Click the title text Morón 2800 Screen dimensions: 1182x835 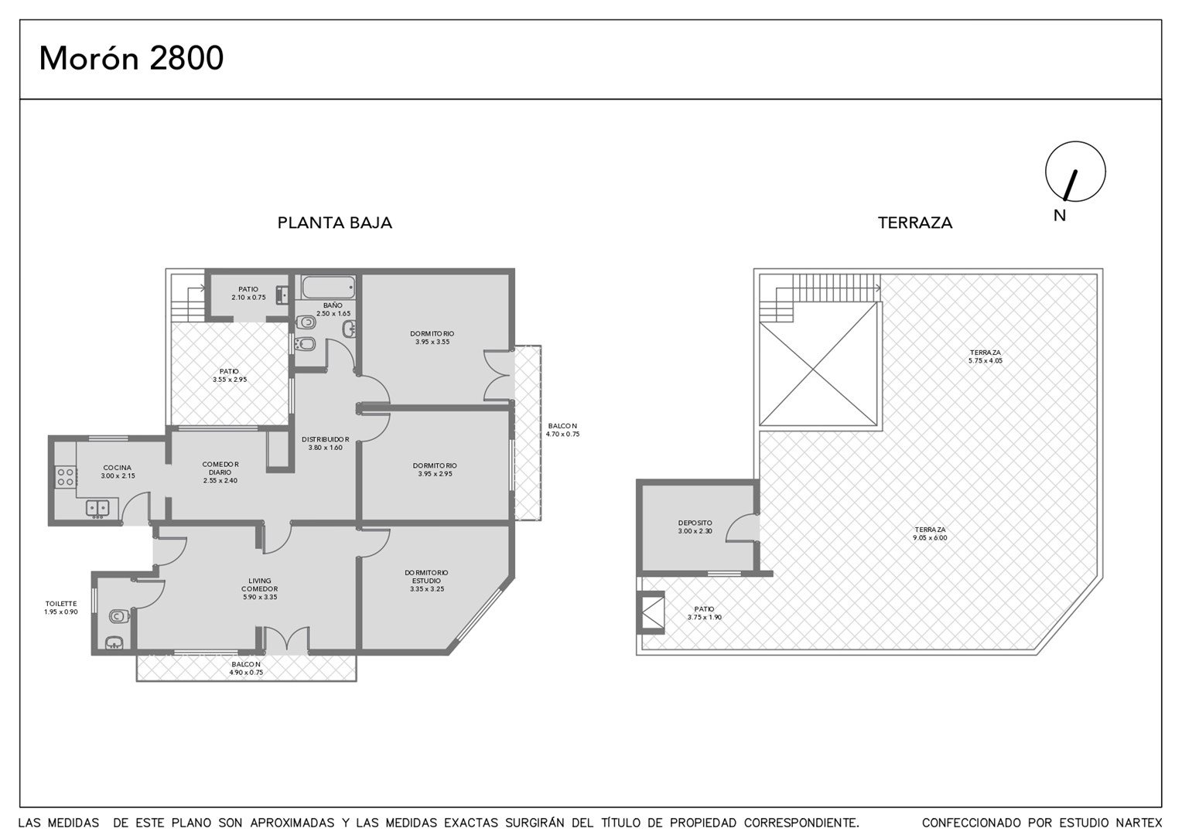pyautogui.click(x=132, y=58)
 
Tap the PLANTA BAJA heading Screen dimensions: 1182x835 pyautogui.click(x=334, y=223)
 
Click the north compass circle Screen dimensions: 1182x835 pyautogui.click(x=1075, y=172)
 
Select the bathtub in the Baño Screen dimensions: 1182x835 pyautogui.click(x=328, y=288)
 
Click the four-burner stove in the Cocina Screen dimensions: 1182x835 pyautogui.click(x=66, y=477)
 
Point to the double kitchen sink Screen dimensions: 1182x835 pyautogui.click(x=97, y=508)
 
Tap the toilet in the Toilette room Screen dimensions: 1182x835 pyautogui.click(x=118, y=615)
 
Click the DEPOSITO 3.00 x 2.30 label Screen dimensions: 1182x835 pyautogui.click(x=695, y=527)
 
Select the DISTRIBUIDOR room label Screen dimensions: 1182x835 pyautogui.click(x=325, y=443)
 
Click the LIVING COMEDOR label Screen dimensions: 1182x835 pyautogui.click(x=260, y=588)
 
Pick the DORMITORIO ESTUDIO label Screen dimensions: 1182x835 pyautogui.click(x=426, y=580)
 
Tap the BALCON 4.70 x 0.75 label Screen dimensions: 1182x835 pyautogui.click(x=562, y=430)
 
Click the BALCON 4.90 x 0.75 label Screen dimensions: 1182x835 pyautogui.click(x=246, y=668)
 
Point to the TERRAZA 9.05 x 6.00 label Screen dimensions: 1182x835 pyautogui.click(x=931, y=533)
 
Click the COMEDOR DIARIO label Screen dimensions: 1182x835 pyautogui.click(x=220, y=472)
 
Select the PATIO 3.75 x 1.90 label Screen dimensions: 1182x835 pyautogui.click(x=705, y=613)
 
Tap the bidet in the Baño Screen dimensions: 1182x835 pyautogui.click(x=306, y=345)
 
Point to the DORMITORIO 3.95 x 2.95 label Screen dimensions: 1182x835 pyautogui.click(x=435, y=469)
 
